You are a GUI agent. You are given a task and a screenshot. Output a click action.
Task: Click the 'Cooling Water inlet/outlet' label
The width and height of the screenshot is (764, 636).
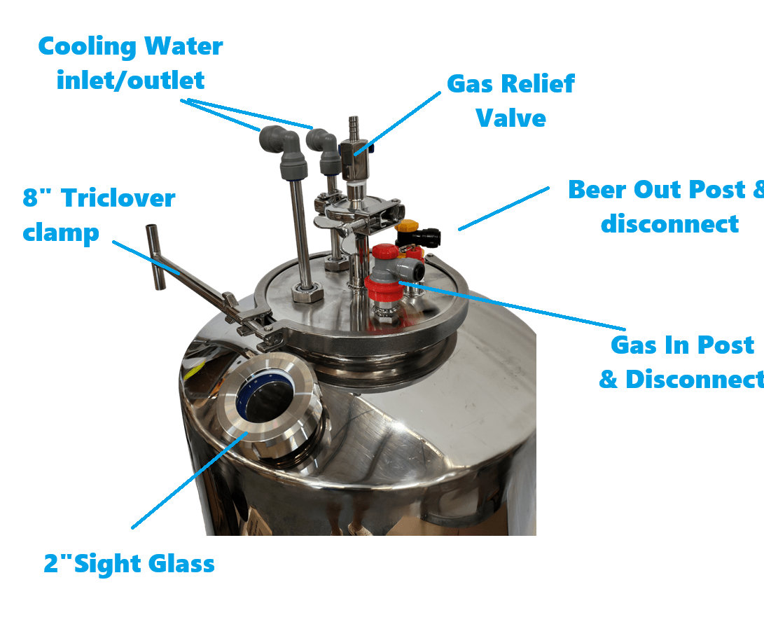(130, 63)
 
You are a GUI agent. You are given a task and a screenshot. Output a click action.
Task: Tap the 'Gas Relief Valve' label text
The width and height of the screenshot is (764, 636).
(511, 101)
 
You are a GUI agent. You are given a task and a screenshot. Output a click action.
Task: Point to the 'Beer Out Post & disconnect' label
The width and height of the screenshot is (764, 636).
(665, 207)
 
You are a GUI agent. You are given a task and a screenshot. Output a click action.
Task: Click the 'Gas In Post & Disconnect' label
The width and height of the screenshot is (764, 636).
(681, 362)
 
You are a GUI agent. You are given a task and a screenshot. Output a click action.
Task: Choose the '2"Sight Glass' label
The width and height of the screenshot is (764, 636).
(129, 564)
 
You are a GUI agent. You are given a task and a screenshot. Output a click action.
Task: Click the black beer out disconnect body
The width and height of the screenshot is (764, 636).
(419, 238)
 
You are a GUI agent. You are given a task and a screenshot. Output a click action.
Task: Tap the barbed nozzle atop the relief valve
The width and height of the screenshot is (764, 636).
(354, 128)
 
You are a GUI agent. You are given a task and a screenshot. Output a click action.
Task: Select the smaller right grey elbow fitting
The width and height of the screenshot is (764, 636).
(325, 151)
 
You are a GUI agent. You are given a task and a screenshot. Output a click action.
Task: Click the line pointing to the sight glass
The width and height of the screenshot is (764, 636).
(190, 480)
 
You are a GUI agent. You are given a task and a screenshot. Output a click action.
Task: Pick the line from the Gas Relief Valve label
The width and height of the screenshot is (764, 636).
(397, 123)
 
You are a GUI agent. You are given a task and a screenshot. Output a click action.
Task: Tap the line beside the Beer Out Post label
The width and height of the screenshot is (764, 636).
(503, 209)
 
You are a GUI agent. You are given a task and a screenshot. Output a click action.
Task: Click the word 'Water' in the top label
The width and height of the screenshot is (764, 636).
(183, 46)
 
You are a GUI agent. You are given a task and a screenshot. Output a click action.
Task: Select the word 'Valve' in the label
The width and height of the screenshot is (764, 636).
(511, 118)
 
